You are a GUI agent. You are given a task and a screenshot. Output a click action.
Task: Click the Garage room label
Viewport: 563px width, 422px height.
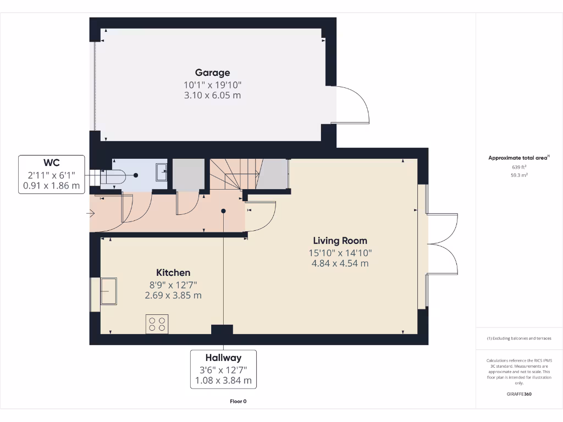tap(212, 73)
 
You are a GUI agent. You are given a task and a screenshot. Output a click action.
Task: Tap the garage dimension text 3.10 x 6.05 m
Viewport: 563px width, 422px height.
tap(212, 95)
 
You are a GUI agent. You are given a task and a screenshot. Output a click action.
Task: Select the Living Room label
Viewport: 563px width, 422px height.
tap(340, 241)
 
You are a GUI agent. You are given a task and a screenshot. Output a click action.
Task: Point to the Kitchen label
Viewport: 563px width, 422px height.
tap(173, 273)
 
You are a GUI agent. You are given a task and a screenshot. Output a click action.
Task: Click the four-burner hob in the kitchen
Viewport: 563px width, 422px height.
tap(157, 324)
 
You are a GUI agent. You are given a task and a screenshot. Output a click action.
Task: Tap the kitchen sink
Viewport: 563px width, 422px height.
tap(108, 291)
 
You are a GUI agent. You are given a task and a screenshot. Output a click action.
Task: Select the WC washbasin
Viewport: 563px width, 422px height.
tap(161, 172)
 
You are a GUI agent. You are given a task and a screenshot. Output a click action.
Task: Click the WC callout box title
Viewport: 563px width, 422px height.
tap(52, 163)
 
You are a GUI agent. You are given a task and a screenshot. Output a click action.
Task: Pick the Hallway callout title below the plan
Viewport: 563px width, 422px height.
tap(223, 358)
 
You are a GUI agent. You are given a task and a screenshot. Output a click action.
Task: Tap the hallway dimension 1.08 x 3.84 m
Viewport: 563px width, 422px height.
tap(223, 380)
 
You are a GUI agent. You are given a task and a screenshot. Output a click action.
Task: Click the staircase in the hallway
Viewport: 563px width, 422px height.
tap(234, 174)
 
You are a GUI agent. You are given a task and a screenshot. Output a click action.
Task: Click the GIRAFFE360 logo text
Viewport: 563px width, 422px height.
tap(519, 394)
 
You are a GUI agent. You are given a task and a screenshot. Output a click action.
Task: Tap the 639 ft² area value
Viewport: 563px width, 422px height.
tap(519, 167)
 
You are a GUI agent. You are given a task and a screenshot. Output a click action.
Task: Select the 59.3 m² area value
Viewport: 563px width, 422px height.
tap(519, 176)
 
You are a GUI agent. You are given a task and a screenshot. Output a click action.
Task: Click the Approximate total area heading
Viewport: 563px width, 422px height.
tap(518, 158)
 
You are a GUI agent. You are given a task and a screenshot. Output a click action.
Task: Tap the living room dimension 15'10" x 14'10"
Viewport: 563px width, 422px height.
tap(340, 253)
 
